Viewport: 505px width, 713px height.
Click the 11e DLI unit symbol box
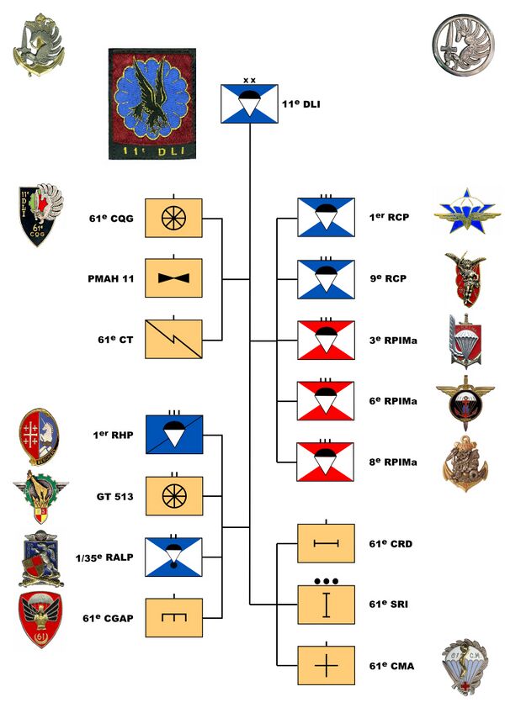(x=250, y=103)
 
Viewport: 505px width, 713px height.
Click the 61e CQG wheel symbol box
(x=173, y=219)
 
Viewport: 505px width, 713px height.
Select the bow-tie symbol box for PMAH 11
(x=173, y=277)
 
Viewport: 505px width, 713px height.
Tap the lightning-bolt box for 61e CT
(x=173, y=339)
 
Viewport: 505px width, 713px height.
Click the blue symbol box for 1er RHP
(x=173, y=436)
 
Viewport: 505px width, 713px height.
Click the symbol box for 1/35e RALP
(x=173, y=557)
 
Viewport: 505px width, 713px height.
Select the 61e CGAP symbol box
(x=173, y=618)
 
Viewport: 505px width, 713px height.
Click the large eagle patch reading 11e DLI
(x=152, y=103)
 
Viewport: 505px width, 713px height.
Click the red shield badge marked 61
(x=40, y=620)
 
